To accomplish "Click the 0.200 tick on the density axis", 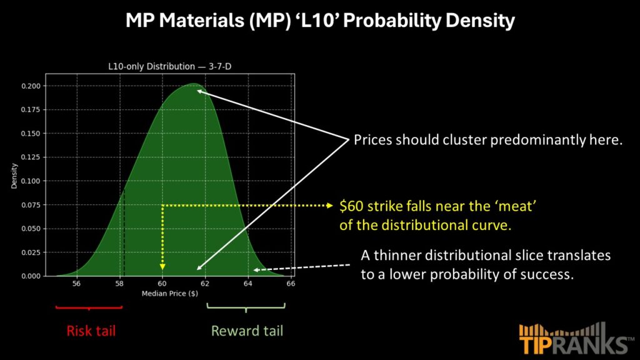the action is [31, 86].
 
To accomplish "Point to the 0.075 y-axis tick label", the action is [31, 205].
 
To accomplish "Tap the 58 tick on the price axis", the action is [119, 284].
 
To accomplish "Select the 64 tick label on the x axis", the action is [247, 284].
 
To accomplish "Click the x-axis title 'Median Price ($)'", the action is [170, 294].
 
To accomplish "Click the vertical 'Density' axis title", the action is [14, 176].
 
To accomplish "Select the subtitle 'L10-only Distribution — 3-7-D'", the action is [170, 66].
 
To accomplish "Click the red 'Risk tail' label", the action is [91, 331].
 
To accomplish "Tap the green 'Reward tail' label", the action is [247, 331].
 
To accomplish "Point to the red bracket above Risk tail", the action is [89, 307].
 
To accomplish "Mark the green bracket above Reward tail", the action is [246, 306].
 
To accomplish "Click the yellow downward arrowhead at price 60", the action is [162, 267].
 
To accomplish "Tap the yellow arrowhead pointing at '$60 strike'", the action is [330, 205].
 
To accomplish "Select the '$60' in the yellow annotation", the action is [351, 206].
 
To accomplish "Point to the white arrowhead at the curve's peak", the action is [199, 91].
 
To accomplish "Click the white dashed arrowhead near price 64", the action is [256, 270].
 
